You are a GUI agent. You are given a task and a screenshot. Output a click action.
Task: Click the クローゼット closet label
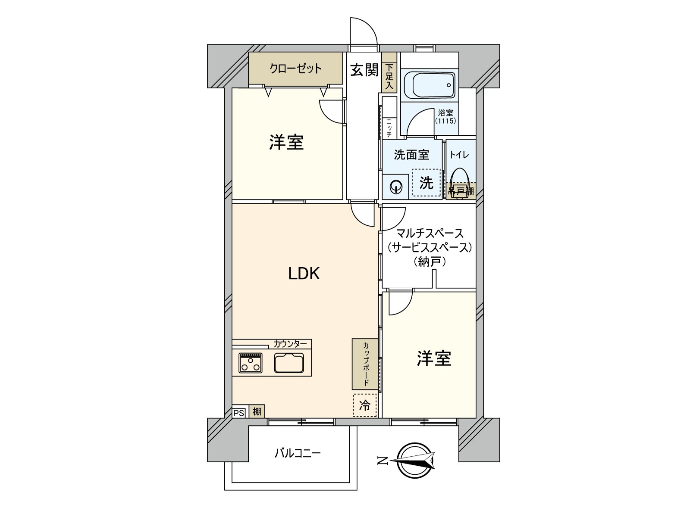[x=295, y=69]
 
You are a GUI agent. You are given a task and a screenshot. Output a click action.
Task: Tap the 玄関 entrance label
[x=364, y=70]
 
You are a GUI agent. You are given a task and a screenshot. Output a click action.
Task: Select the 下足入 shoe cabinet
[x=389, y=77]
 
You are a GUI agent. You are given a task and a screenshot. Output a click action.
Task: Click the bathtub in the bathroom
[x=429, y=85]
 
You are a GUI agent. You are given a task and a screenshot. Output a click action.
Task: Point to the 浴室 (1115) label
[x=445, y=116]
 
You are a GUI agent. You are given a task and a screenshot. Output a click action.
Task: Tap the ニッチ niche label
[x=389, y=128]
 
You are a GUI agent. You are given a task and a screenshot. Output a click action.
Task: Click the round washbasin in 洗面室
[x=395, y=188]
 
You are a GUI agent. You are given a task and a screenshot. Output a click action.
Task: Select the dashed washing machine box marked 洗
[x=426, y=183]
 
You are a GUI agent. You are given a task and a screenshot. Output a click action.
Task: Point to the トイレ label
[x=459, y=155]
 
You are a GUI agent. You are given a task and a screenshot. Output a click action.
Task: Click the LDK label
[x=304, y=274]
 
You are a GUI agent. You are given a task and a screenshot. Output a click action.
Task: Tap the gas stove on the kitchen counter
[x=251, y=363]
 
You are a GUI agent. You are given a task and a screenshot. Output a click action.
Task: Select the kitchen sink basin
[x=289, y=363]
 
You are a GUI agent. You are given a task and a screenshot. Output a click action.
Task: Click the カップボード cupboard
[x=365, y=364]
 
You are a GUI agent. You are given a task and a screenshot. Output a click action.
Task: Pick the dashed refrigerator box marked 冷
[x=365, y=405]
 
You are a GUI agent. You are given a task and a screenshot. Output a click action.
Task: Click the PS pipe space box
[x=238, y=413]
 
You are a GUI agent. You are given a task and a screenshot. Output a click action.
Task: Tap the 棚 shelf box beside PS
[x=257, y=411]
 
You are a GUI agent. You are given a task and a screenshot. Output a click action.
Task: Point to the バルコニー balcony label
[x=298, y=453]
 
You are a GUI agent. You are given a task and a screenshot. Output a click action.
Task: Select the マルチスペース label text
[x=430, y=233]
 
